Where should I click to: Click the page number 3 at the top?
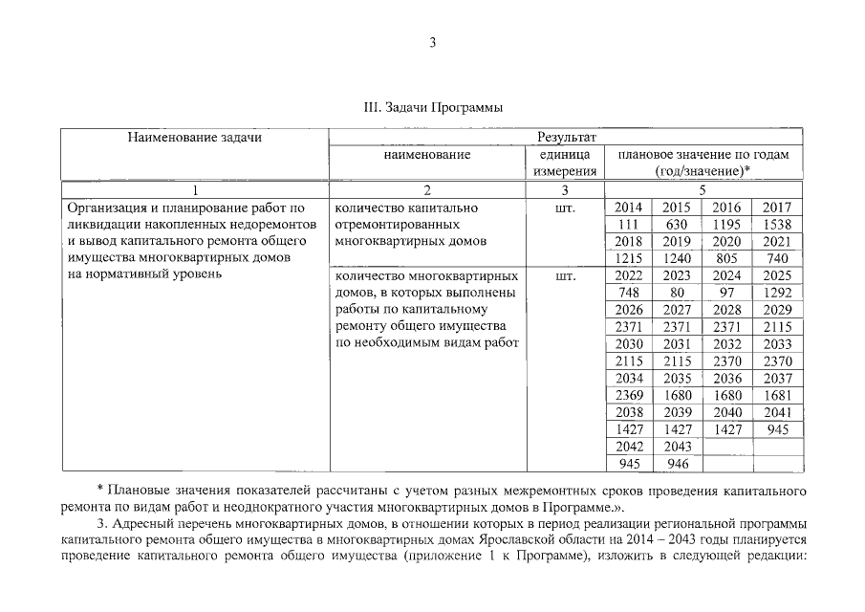[432, 41]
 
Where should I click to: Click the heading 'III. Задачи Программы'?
[433, 107]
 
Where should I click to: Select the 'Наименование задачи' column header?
[195, 138]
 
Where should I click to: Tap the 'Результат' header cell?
[567, 138]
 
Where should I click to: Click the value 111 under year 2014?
[628, 224]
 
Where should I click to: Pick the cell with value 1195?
[726, 224]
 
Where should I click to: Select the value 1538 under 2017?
[777, 224]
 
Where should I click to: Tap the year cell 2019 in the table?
[676, 241]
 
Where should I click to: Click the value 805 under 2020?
[726, 258]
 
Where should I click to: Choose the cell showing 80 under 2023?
[676, 293]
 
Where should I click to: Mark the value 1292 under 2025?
[777, 293]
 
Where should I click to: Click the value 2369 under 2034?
[628, 396]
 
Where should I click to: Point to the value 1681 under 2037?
[777, 396]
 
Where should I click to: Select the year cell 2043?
[676, 448]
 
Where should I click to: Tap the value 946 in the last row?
[676, 465]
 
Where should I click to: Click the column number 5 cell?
[703, 189]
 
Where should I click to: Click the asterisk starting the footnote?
[100, 491]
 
